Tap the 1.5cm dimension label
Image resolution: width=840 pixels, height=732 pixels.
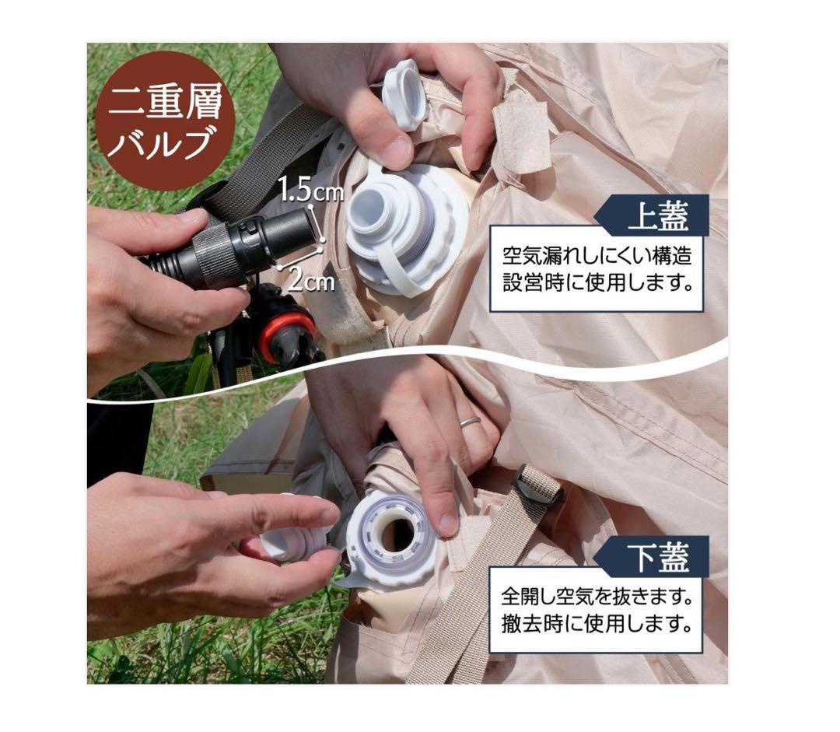[310, 191]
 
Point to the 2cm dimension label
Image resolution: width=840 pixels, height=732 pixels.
[311, 280]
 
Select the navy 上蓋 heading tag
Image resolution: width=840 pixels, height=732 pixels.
[652, 215]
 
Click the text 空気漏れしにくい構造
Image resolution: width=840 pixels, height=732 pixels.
[597, 256]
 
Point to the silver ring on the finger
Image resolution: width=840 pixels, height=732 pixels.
[469, 422]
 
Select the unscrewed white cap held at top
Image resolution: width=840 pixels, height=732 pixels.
[405, 94]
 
